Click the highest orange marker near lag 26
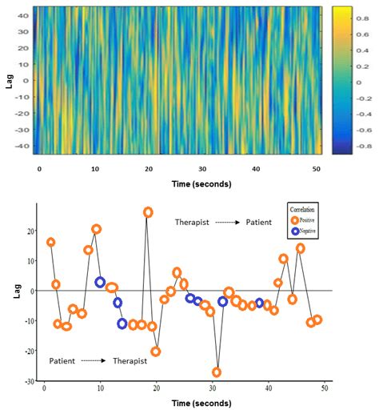click(x=148, y=212)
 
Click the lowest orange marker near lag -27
click(x=217, y=372)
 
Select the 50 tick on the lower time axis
click(x=324, y=388)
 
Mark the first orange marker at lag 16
click(x=51, y=242)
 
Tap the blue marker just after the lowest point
click(x=223, y=302)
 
